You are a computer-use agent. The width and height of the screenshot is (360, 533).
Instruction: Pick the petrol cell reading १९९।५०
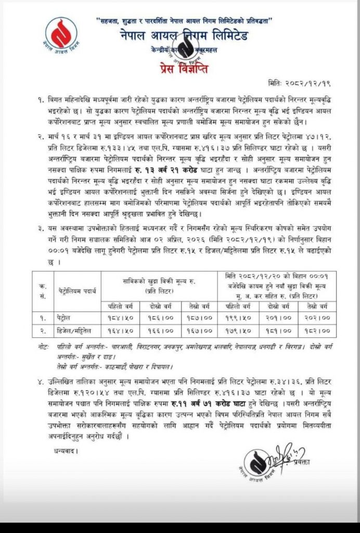point(237,316)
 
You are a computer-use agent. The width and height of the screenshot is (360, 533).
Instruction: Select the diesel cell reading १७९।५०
point(237,331)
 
